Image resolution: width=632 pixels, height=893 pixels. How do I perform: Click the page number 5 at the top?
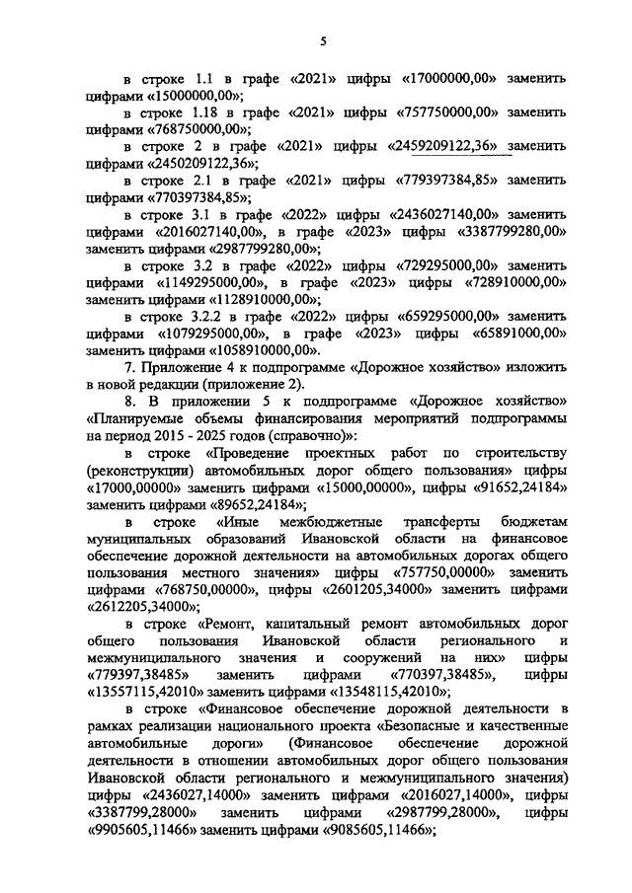coord(323,40)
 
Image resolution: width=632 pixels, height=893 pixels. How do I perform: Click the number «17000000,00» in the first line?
coord(452,77)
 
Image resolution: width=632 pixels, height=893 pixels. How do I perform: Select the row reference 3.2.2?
coord(216,317)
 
